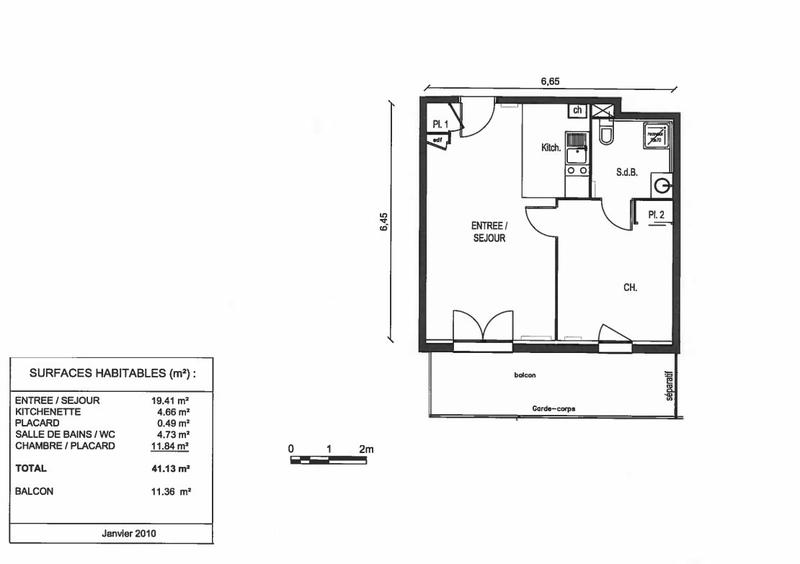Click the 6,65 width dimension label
(550, 83)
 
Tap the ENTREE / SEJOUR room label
(490, 233)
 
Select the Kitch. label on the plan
(551, 148)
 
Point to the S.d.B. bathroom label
(627, 170)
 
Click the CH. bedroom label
(630, 288)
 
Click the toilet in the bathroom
(605, 134)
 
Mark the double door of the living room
(482, 328)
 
